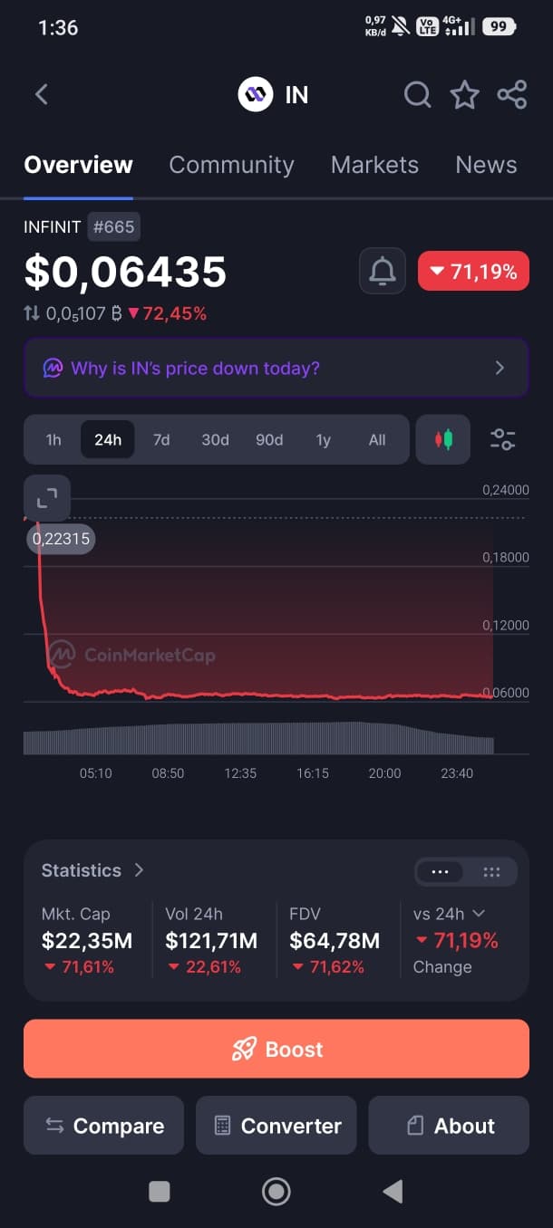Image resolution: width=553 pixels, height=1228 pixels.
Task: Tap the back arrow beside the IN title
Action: click(x=42, y=94)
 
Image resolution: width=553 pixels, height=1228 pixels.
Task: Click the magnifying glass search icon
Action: click(x=418, y=95)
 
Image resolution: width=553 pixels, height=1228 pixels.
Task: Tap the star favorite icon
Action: click(x=465, y=94)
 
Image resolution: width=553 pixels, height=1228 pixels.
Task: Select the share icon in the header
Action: click(x=512, y=94)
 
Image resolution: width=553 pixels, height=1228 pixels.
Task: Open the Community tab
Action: click(x=231, y=165)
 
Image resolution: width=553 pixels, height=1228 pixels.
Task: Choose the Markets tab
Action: click(x=374, y=165)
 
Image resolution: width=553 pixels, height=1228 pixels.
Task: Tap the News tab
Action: click(x=486, y=165)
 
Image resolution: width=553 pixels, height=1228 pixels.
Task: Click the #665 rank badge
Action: click(x=113, y=226)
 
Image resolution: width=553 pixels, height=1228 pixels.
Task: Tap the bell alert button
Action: click(x=383, y=271)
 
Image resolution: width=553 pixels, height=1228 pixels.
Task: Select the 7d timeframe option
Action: click(x=161, y=439)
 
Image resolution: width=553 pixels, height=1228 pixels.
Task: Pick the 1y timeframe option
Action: click(x=323, y=439)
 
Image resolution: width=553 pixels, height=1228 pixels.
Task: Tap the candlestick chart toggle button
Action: click(x=443, y=439)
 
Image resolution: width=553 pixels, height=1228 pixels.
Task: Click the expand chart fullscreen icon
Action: click(x=47, y=498)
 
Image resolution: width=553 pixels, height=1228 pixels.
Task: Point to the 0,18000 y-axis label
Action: click(x=505, y=558)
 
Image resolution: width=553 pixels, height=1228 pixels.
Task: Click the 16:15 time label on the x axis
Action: click(x=313, y=773)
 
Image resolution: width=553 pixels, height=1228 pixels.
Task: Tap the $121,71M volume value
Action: click(x=211, y=941)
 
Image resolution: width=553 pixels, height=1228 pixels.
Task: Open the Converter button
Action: click(x=276, y=1126)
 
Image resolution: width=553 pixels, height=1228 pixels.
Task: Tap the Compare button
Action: click(x=103, y=1126)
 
